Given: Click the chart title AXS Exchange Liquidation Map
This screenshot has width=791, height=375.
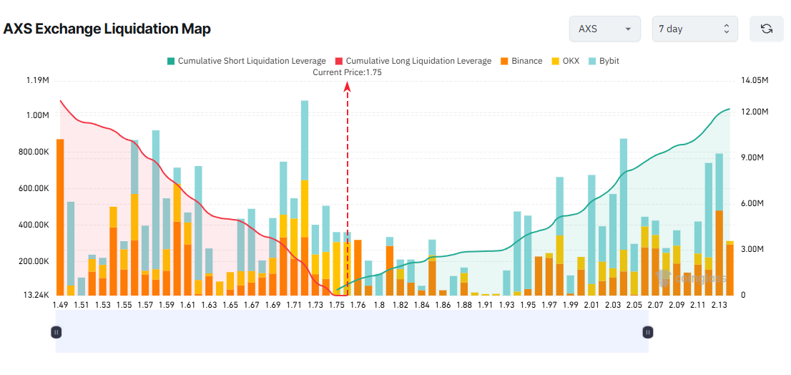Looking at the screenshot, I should click(x=107, y=29).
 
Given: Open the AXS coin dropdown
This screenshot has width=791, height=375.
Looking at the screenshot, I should click(x=604, y=29).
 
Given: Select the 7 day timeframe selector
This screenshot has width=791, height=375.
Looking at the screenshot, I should click(x=694, y=29).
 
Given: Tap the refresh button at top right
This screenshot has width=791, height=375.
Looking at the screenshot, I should click(x=767, y=29).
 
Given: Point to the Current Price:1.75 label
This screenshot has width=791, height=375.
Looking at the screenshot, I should click(x=347, y=72).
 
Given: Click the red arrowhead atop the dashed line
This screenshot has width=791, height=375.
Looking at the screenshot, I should click(x=348, y=87).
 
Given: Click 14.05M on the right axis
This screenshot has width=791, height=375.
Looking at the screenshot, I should click(x=754, y=80).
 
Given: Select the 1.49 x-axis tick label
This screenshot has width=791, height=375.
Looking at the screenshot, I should click(x=62, y=306).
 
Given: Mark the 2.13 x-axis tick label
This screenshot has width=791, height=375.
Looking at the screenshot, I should click(x=719, y=306).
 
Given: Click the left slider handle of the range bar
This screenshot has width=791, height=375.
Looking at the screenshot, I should click(x=56, y=332).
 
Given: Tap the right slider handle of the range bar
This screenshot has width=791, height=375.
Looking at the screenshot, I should click(x=647, y=332).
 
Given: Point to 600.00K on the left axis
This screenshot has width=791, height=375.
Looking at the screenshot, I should click(x=32, y=188).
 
